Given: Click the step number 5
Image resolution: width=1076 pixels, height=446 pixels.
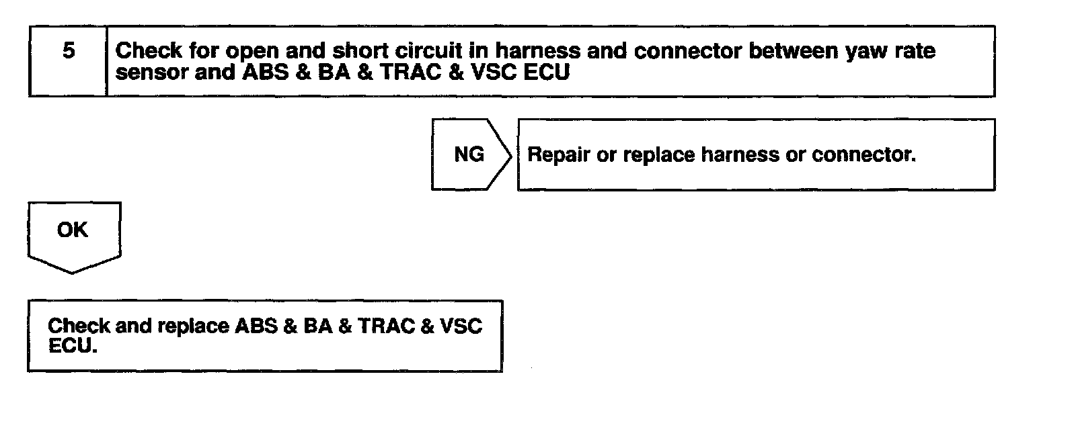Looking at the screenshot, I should [69, 51].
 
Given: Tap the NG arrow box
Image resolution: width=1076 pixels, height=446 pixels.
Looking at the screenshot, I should [469, 154].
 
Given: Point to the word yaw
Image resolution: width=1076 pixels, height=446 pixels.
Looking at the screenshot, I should [866, 51].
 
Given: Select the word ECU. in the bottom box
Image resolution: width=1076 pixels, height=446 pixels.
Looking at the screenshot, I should [72, 347].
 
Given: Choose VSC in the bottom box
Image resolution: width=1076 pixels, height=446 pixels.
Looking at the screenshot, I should [461, 326].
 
